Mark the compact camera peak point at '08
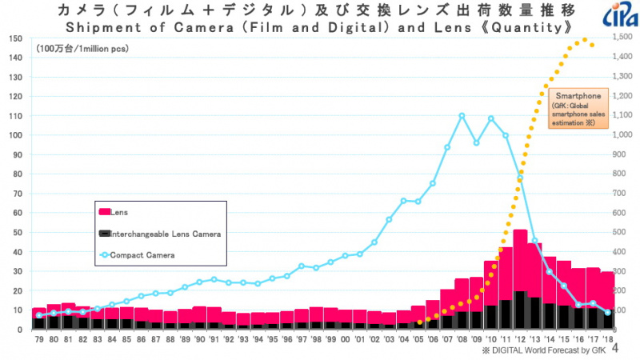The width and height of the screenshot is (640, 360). [x=462, y=115]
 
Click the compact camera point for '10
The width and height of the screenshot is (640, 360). [x=490, y=118]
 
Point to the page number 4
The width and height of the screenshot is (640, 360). [x=626, y=350]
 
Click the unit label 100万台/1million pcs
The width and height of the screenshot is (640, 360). [x=82, y=49]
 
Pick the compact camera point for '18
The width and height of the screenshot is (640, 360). [x=607, y=312]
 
